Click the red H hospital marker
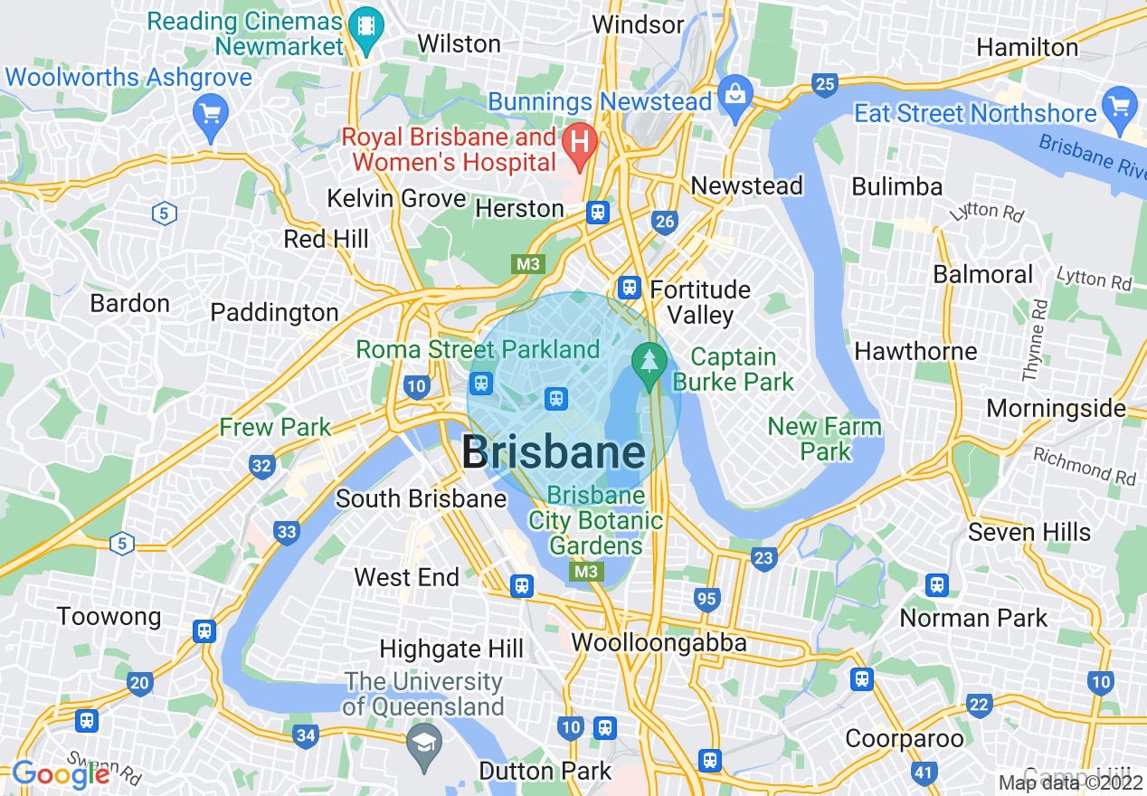pyautogui.click(x=580, y=141)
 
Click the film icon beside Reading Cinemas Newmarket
pyautogui.click(x=366, y=24)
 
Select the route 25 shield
pyautogui.click(x=824, y=85)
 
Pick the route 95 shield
pyautogui.click(x=706, y=599)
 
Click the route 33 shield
pyautogui.click(x=287, y=532)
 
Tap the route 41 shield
pyautogui.click(x=924, y=772)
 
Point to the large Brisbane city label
pyautogui.click(x=554, y=453)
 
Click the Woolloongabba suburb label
pyautogui.click(x=659, y=643)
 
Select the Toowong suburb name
pyautogui.click(x=109, y=617)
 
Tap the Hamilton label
pyautogui.click(x=1028, y=47)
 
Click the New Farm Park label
pyautogui.click(x=824, y=439)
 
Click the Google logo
pyautogui.click(x=61, y=774)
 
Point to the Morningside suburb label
pyautogui.click(x=1056, y=408)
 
